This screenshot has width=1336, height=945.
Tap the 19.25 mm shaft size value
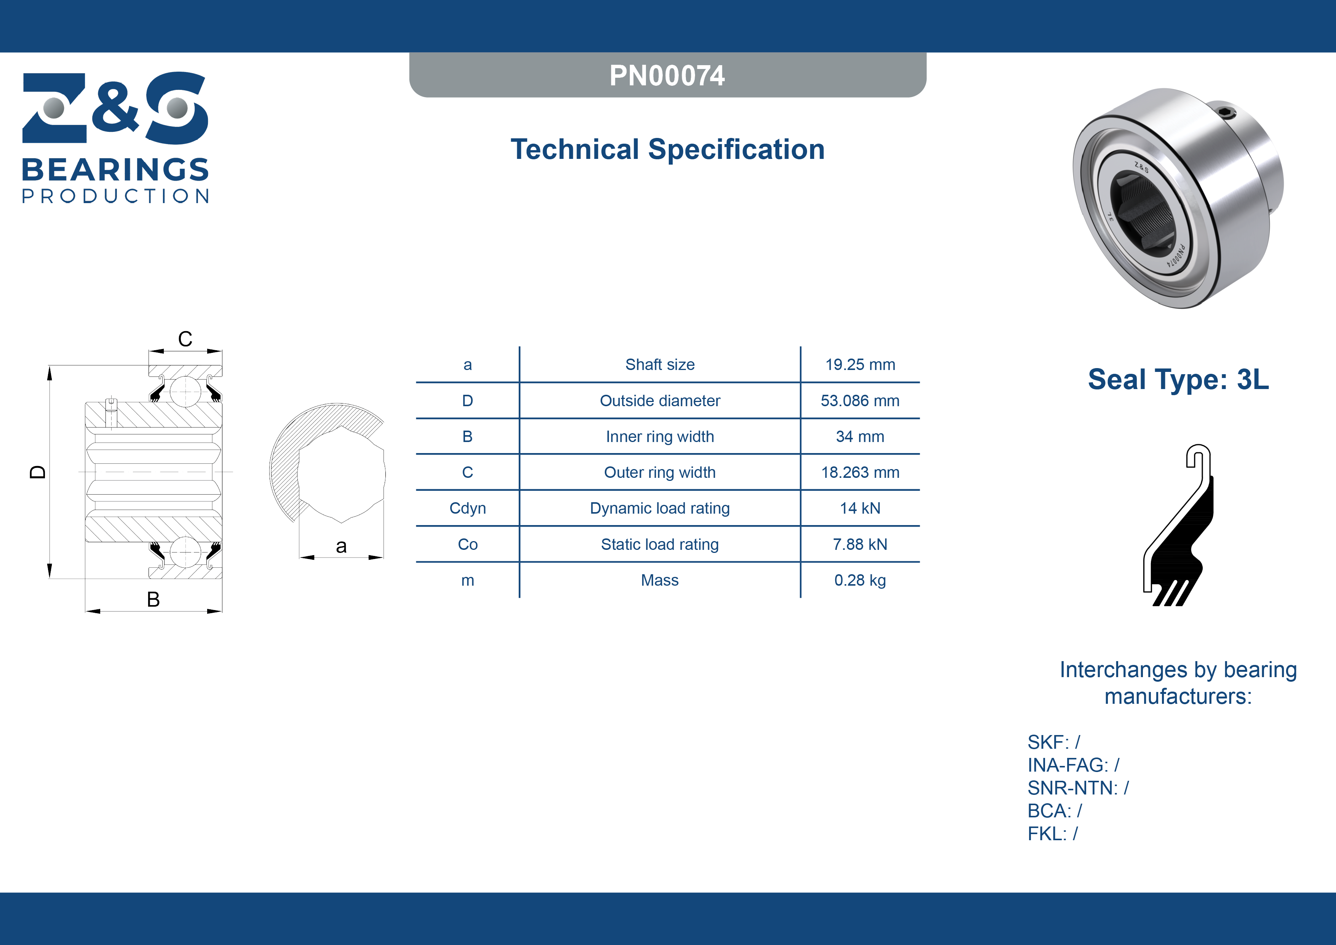[860, 365]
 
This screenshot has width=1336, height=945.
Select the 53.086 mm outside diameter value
[860, 400]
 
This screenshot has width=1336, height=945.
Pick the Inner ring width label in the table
[660, 437]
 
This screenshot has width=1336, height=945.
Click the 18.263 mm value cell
[860, 472]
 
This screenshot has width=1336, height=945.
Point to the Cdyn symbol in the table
[467, 508]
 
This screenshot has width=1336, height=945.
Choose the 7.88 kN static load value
[860, 545]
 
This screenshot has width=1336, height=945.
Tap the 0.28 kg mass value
[860, 580]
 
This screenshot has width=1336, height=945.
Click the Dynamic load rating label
[660, 508]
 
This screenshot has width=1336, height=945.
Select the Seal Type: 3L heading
[1178, 380]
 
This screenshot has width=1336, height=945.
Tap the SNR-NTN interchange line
[1078, 788]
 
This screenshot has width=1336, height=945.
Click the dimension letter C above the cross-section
[185, 339]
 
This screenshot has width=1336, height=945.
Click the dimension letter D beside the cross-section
[38, 472]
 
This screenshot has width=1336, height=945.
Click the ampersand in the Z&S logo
[116, 107]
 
